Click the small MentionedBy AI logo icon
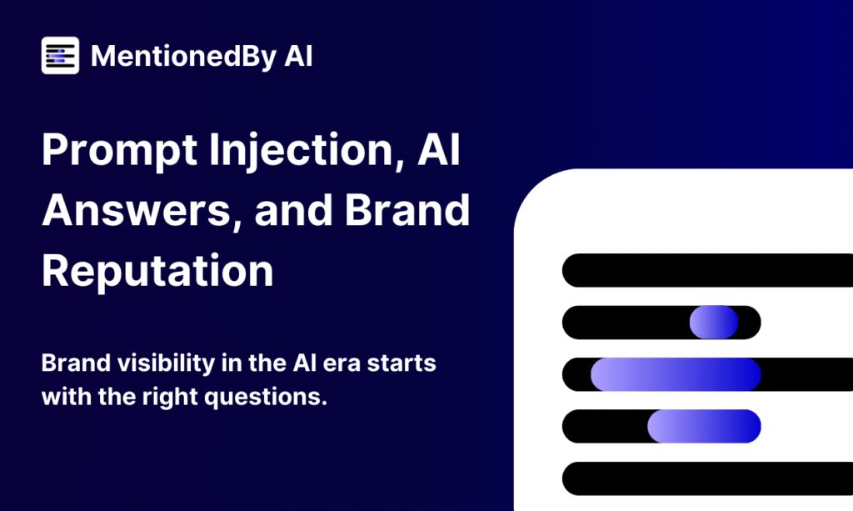pos(60,56)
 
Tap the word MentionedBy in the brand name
pos(183,57)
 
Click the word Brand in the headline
pos(407,210)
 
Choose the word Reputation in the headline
pos(157,270)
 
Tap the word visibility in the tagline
pos(167,363)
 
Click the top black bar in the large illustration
pos(707,270)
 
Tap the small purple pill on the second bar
pos(714,322)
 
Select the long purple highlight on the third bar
pos(676,374)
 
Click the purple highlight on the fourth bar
pos(704,426)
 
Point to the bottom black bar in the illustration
pos(707,478)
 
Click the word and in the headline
pos(294,211)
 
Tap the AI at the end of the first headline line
pos(439,149)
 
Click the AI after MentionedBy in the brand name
pos(298,56)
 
